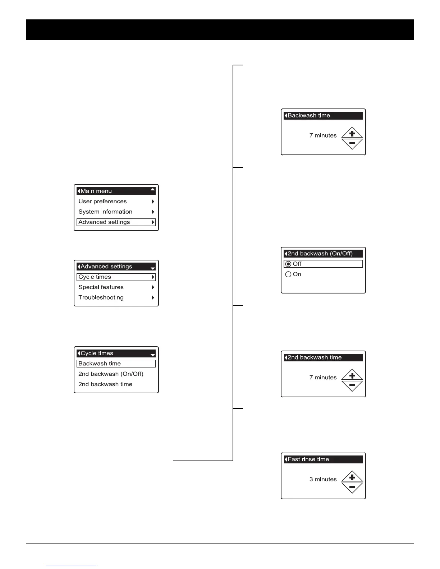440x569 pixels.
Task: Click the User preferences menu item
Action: [x=102, y=202]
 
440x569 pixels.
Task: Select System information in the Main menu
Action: [x=105, y=212]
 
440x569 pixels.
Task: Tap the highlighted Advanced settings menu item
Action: [x=116, y=222]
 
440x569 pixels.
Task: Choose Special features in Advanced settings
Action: [x=101, y=287]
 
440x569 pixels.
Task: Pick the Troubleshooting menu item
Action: [x=101, y=298]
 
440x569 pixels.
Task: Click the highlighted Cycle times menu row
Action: [x=116, y=277]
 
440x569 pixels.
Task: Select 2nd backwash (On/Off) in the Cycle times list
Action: [x=111, y=374]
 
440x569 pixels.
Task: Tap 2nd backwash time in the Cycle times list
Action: [x=105, y=384]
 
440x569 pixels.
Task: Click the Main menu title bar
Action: [x=116, y=191]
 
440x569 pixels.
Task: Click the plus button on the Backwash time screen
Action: [x=352, y=133]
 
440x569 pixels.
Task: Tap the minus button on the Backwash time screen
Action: [x=352, y=143]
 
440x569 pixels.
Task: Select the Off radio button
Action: [x=288, y=264]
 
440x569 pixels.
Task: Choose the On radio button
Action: [x=288, y=274]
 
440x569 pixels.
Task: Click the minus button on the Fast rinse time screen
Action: [x=352, y=487]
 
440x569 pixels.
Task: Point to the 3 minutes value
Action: [x=323, y=480]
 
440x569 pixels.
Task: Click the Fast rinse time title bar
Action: [x=323, y=459]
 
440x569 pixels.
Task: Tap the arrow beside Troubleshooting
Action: [x=153, y=298]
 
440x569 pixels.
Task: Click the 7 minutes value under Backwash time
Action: [x=323, y=136]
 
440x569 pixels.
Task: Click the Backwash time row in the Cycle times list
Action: [x=116, y=364]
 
